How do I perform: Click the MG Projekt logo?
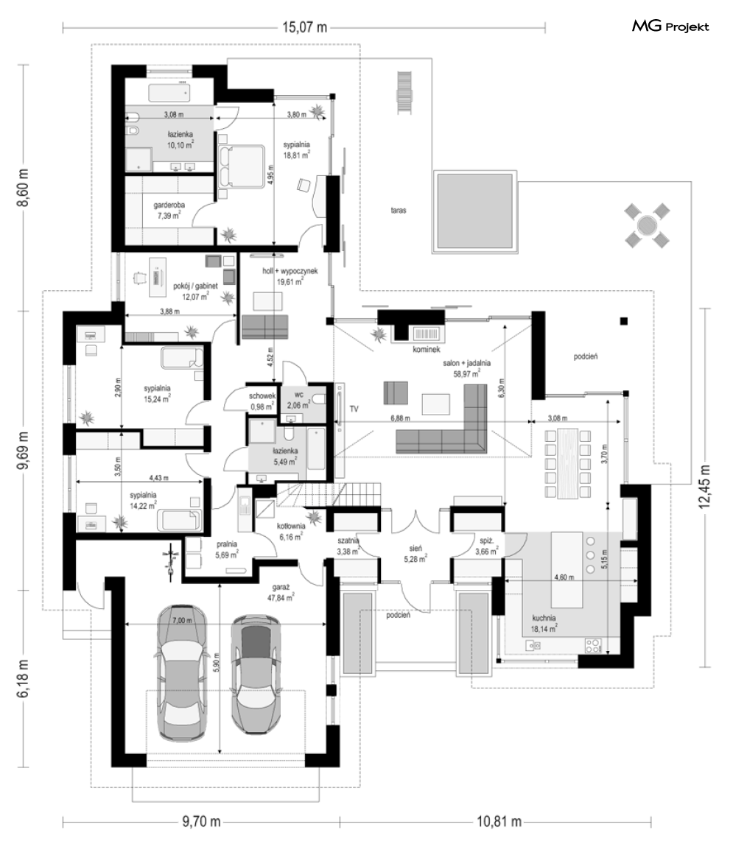click(670, 26)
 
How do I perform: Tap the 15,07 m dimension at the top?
click(305, 28)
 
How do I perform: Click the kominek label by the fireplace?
click(427, 349)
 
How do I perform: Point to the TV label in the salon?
click(354, 409)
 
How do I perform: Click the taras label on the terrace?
click(399, 211)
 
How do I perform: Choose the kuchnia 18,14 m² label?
click(544, 622)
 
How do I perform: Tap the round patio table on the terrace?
click(647, 225)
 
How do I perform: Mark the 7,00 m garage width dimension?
click(182, 620)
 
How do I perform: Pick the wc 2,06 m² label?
click(299, 401)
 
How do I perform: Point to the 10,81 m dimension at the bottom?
click(499, 821)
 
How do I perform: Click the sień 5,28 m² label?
click(415, 554)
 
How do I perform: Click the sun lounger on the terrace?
click(404, 92)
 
